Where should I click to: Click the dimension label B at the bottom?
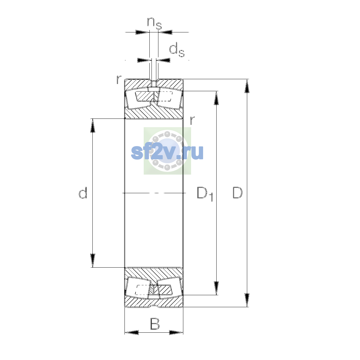[x=155, y=324]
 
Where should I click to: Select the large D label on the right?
[x=237, y=193]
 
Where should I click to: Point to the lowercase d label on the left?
[x=83, y=193]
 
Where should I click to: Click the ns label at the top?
[x=154, y=23]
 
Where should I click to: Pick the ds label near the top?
[x=177, y=50]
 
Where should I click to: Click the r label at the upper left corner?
[x=118, y=79]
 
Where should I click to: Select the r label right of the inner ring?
[x=192, y=120]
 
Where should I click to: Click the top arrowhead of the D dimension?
[x=247, y=86]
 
